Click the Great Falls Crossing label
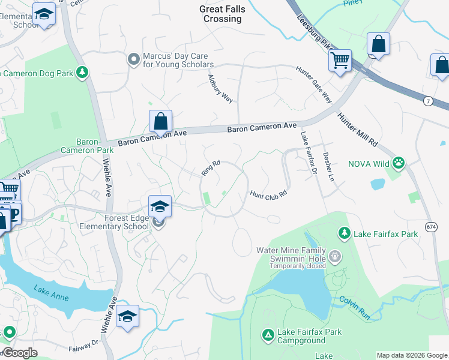tap(222, 14)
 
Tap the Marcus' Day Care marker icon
tap(133, 59)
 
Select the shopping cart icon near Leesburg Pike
tap(340, 60)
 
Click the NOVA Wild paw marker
tap(398, 162)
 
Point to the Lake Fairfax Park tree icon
tap(344, 232)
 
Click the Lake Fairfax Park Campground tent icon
tap(268, 334)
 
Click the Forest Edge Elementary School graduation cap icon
tap(160, 206)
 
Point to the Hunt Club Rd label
tap(269, 194)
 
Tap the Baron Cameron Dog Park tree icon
tap(82, 73)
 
